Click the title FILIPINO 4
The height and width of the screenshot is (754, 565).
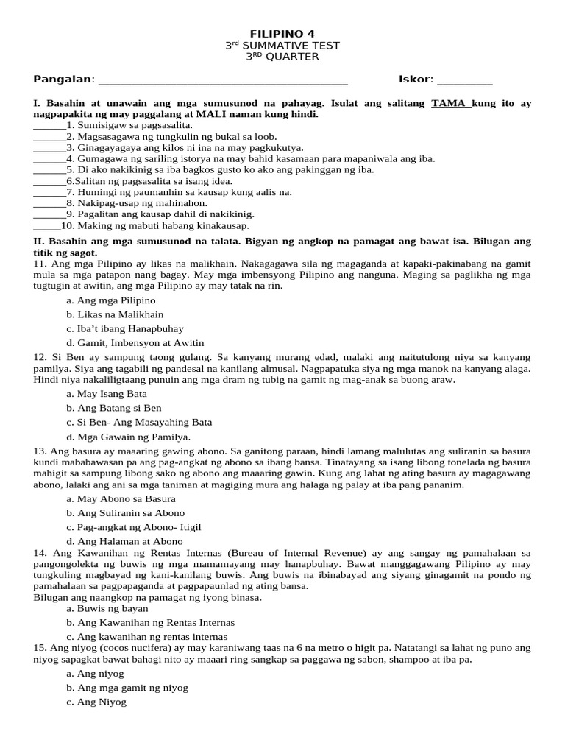[x=282, y=33]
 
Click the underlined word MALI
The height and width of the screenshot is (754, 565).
[x=210, y=115]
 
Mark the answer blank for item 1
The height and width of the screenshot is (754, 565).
[x=49, y=127]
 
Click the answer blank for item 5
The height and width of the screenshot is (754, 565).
[x=49, y=170]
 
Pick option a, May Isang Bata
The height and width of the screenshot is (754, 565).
[x=107, y=394]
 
